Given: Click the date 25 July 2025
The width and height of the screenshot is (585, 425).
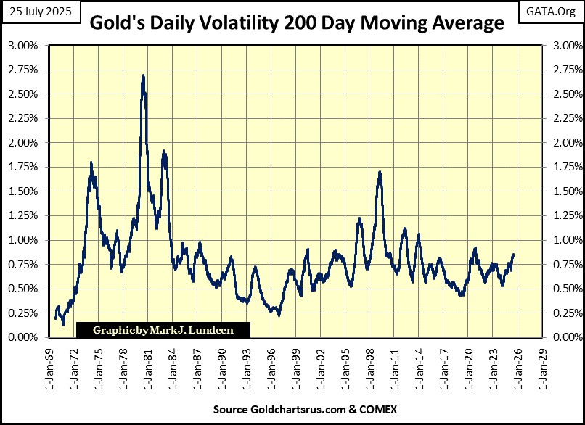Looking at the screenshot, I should click(41, 11).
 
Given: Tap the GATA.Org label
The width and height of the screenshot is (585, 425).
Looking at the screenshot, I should click(555, 11).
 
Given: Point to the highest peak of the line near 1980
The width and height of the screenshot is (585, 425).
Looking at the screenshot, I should click(143, 75).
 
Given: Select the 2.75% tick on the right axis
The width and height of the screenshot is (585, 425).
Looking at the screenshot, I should click(566, 70).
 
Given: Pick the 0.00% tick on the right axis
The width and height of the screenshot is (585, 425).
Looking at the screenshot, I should click(566, 337).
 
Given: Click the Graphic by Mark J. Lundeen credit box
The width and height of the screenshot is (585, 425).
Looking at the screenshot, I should click(163, 330).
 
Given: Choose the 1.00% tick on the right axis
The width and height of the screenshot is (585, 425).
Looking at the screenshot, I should click(566, 240).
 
